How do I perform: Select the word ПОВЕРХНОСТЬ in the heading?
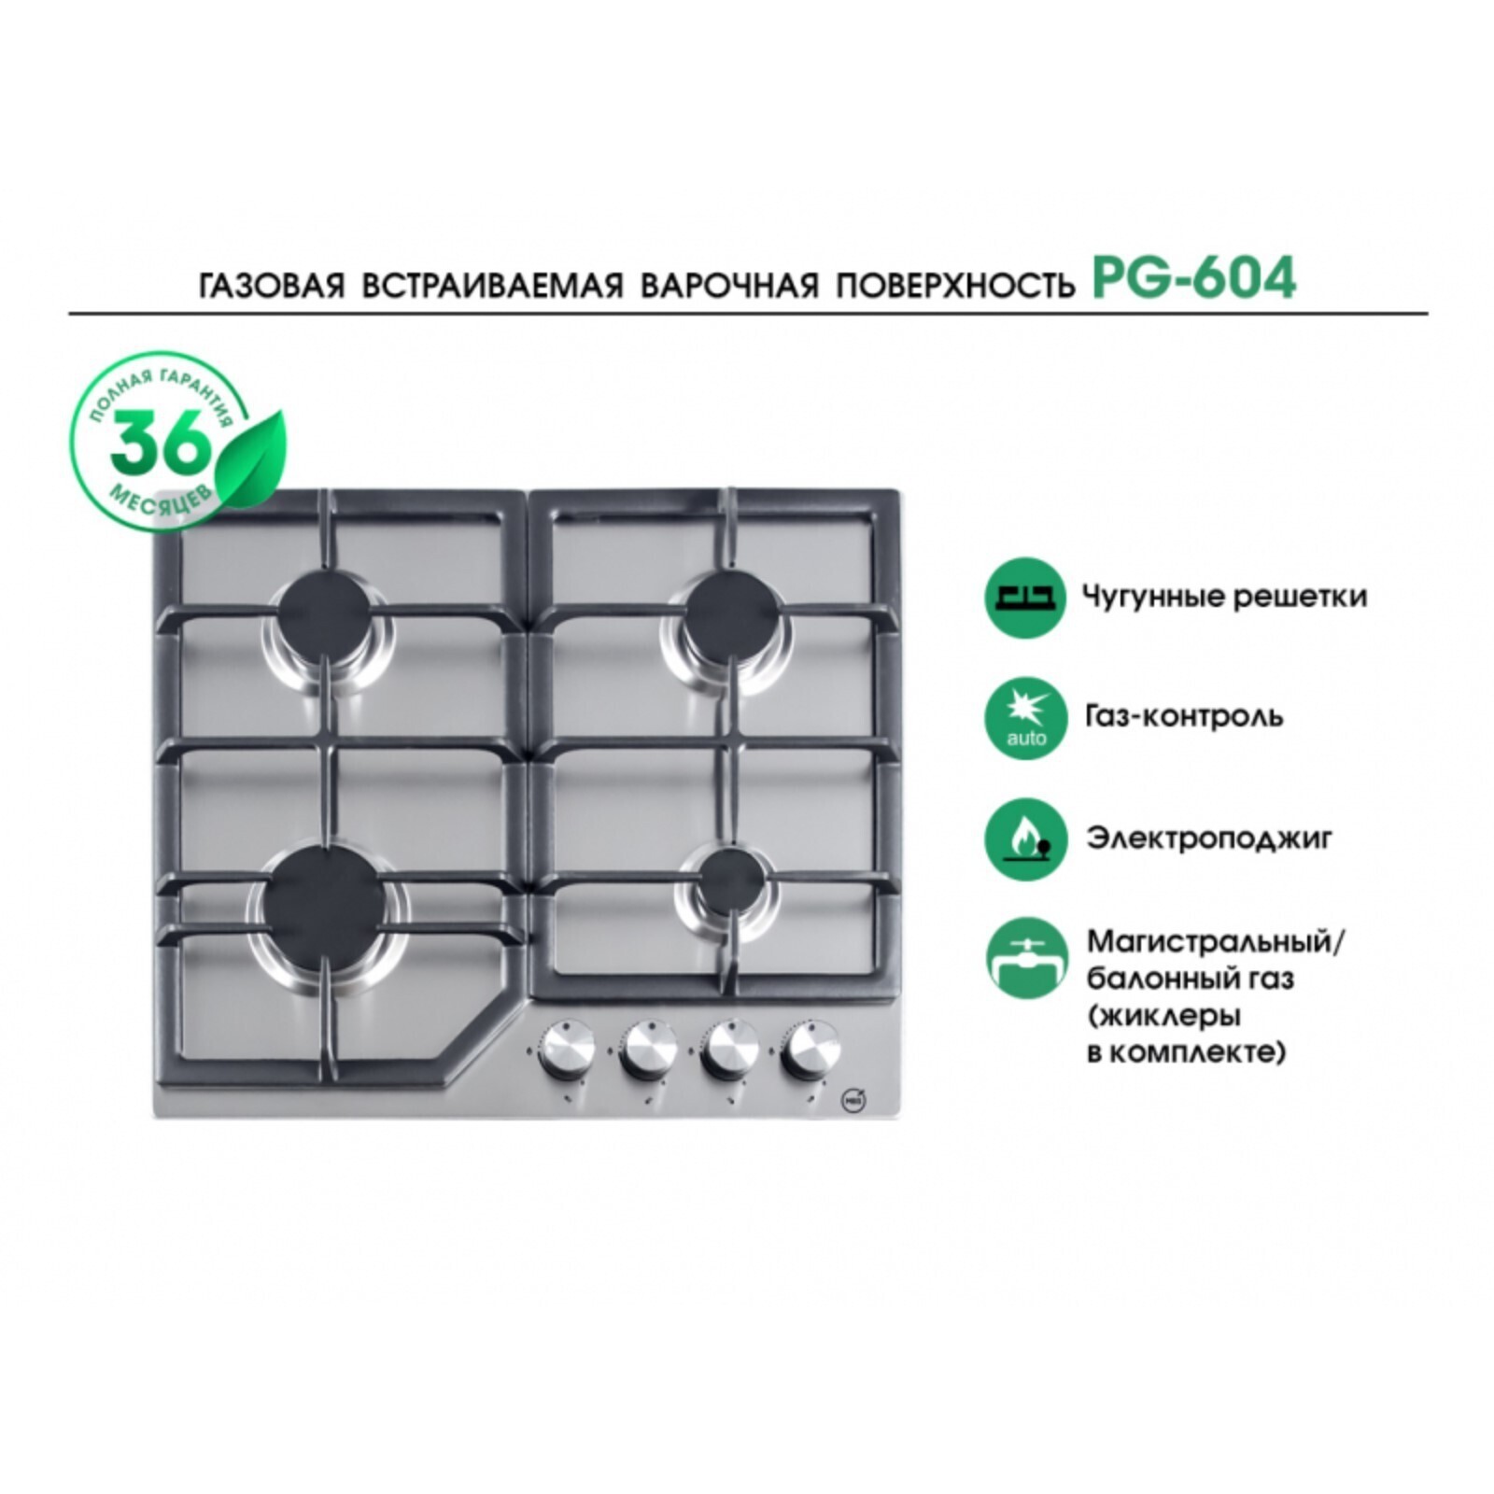click(954, 285)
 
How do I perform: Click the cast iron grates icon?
click(1025, 598)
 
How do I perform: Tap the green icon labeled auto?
click(1025, 717)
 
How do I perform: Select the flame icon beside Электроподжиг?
click(1025, 839)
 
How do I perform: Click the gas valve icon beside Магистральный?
click(1025, 958)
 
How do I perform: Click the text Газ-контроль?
click(1184, 716)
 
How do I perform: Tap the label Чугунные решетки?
click(1224, 596)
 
